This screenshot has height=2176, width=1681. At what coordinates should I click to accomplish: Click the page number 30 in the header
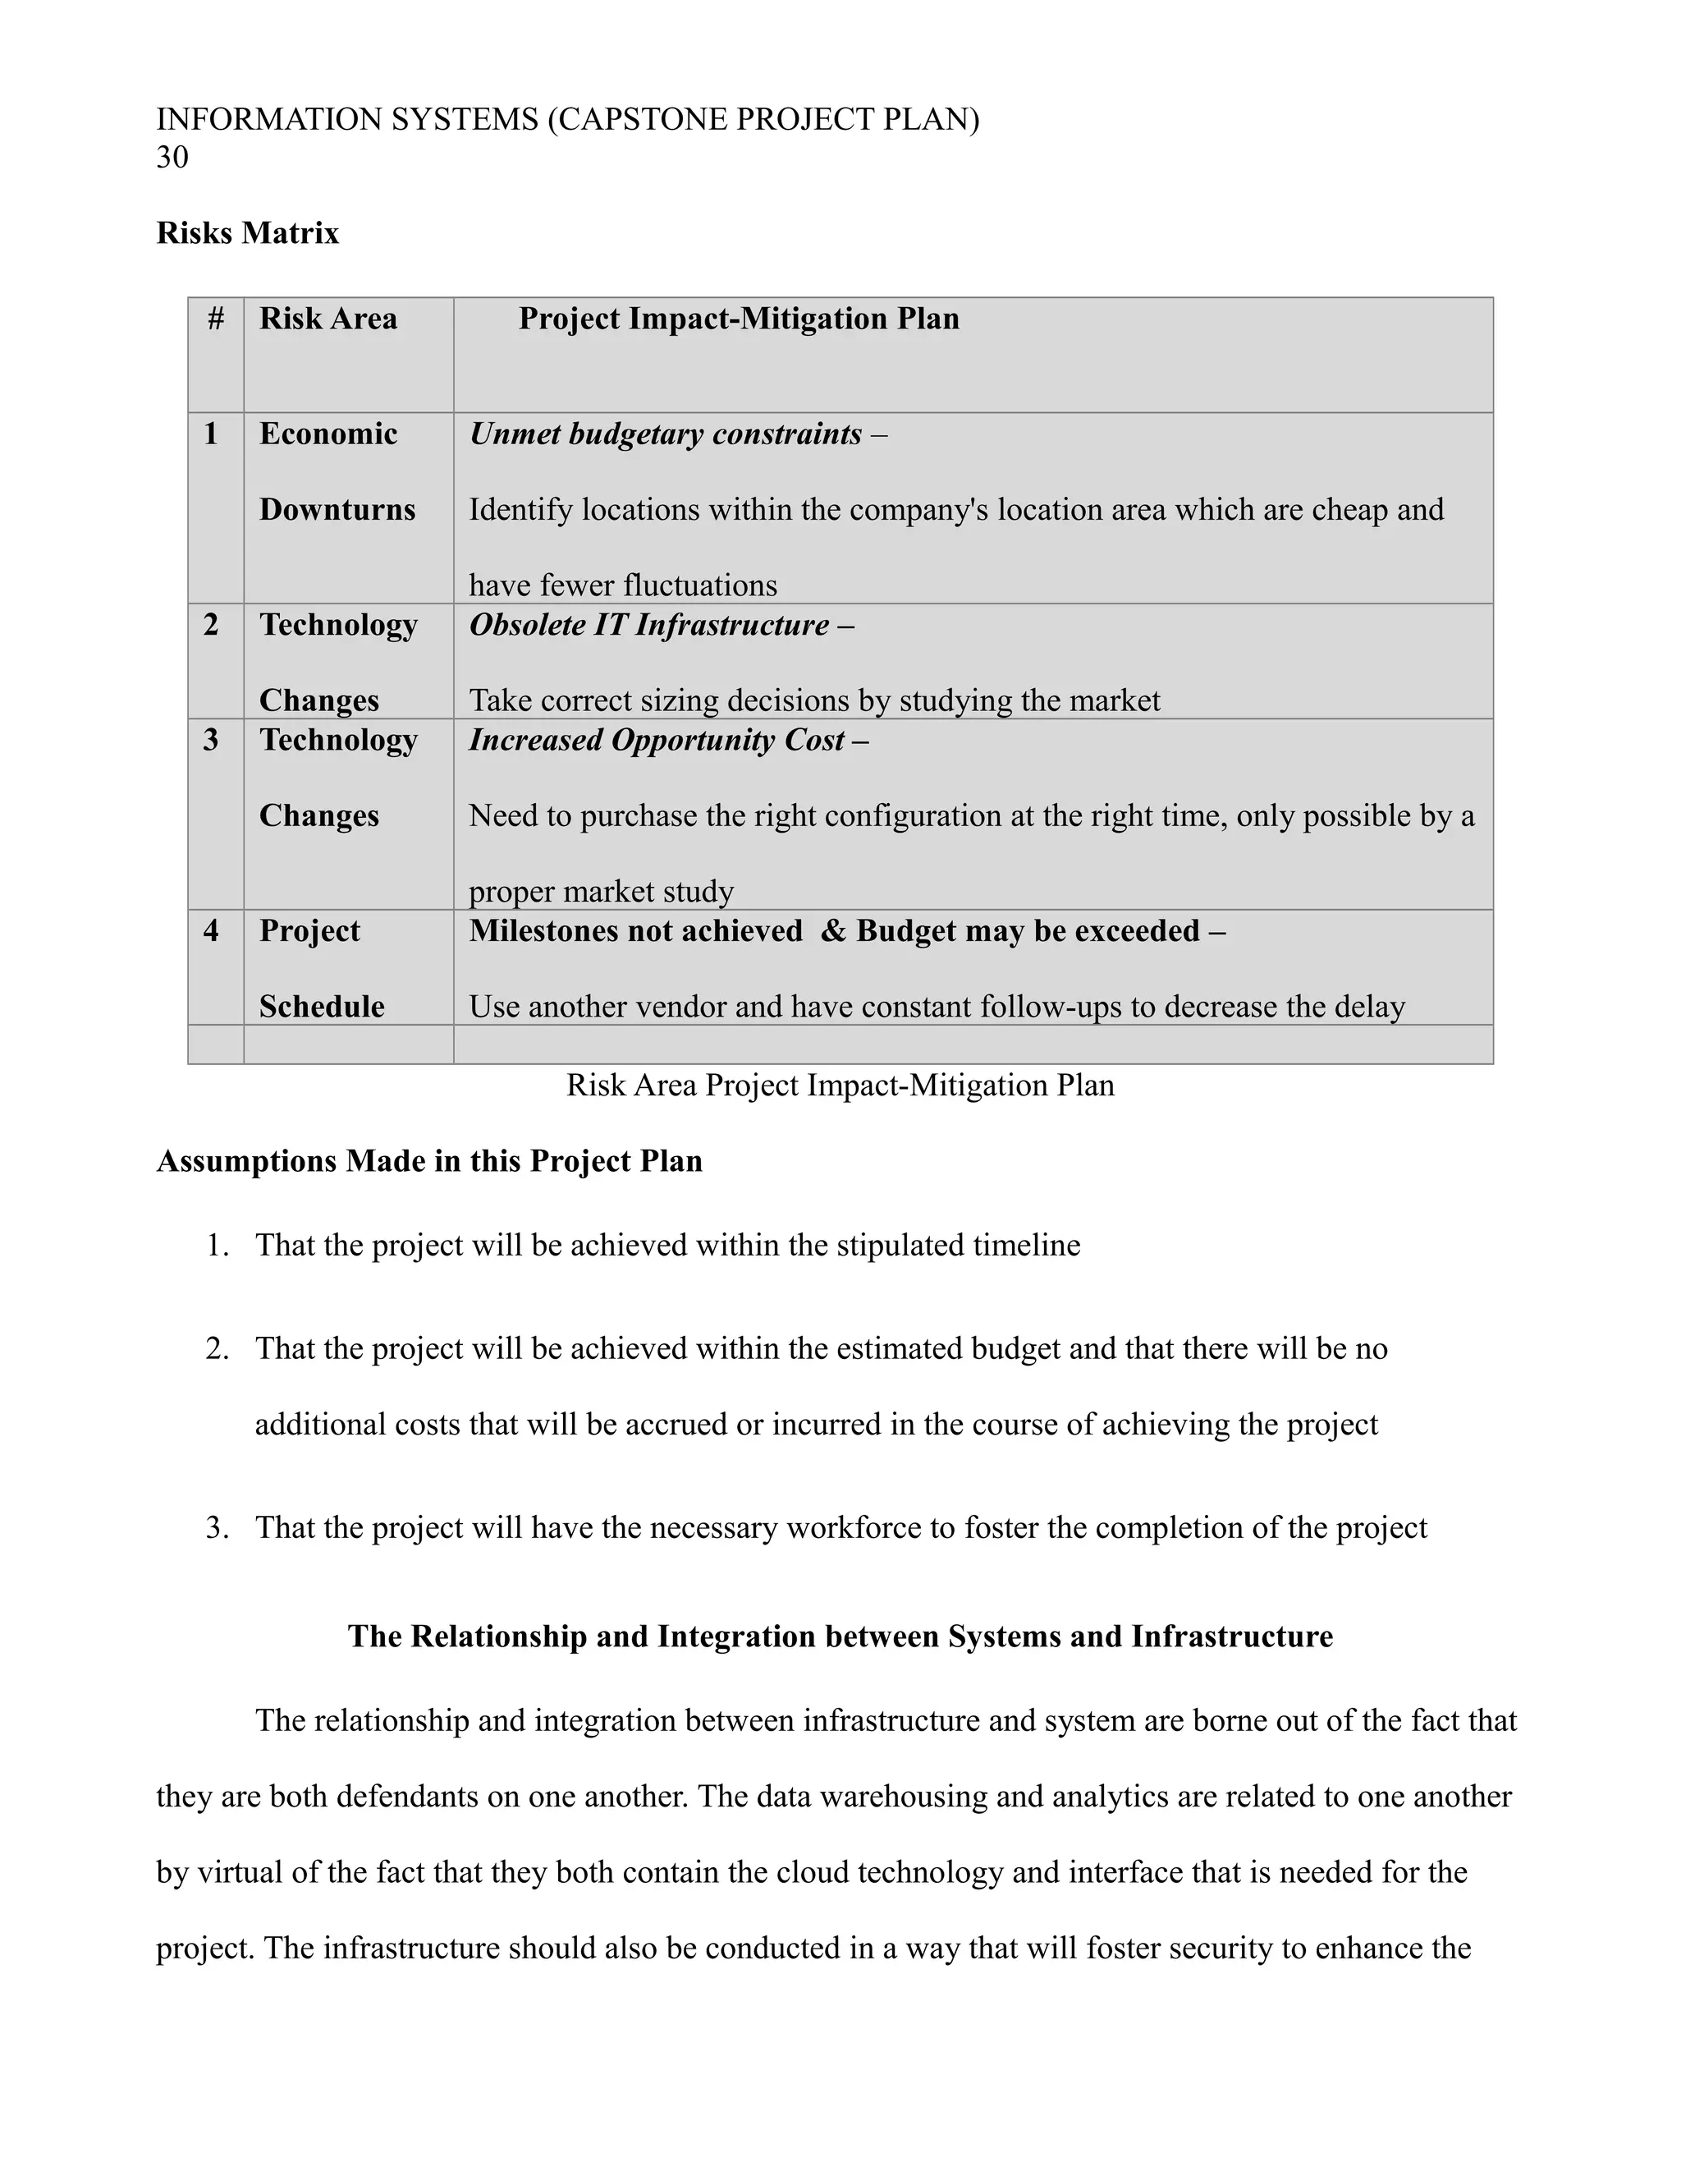[x=172, y=158]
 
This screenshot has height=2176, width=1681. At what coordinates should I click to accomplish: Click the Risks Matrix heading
[x=247, y=233]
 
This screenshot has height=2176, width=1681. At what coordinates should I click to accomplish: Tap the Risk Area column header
[x=327, y=319]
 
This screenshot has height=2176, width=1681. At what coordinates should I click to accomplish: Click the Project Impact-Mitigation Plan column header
[x=738, y=319]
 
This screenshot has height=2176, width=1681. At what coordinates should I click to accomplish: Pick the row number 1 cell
[x=211, y=434]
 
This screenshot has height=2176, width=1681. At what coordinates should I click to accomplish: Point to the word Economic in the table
[x=327, y=434]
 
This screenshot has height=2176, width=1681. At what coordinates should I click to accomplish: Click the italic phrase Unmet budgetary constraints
[x=665, y=434]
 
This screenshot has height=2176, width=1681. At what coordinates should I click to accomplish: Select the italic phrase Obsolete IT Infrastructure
[x=648, y=626]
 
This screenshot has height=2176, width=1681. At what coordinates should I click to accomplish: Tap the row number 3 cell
[x=211, y=741]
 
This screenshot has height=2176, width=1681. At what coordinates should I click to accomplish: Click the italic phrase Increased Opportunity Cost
[x=657, y=741]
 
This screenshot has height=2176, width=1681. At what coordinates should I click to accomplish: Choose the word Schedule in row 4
[x=322, y=1008]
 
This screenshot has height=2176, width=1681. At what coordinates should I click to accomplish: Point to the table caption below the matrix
[x=840, y=1085]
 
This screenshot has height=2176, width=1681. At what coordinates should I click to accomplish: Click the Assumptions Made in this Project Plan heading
[x=429, y=1162]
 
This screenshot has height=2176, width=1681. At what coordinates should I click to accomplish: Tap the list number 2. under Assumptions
[x=217, y=1349]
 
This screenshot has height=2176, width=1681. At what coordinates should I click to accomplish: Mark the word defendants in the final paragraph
[x=408, y=1797]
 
